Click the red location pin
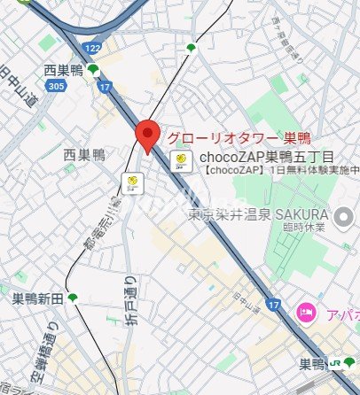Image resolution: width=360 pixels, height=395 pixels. [x=148, y=135]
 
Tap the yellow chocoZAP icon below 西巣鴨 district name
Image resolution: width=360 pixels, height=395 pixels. [x=132, y=182]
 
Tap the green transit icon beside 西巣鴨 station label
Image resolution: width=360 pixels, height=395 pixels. [x=92, y=69]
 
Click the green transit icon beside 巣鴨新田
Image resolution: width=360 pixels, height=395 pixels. [x=73, y=298]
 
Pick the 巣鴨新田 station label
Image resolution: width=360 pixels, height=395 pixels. [x=37, y=298]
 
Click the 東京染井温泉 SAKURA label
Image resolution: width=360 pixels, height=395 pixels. [x=259, y=214]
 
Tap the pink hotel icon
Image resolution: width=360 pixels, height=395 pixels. [x=306, y=311]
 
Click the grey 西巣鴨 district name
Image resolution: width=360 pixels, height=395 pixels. [x=84, y=155]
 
